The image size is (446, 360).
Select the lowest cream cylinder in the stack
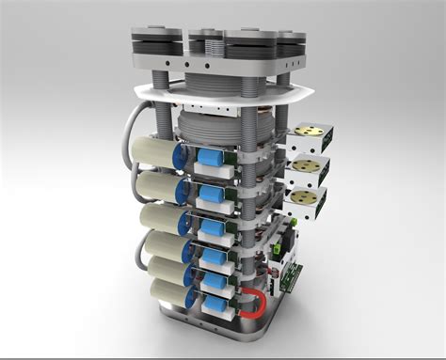point(166,290)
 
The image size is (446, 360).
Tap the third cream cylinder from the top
point(160,223)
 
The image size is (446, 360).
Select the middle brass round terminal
point(303,167)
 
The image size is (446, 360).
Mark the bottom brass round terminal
point(303,197)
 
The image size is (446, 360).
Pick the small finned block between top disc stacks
point(205,42)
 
